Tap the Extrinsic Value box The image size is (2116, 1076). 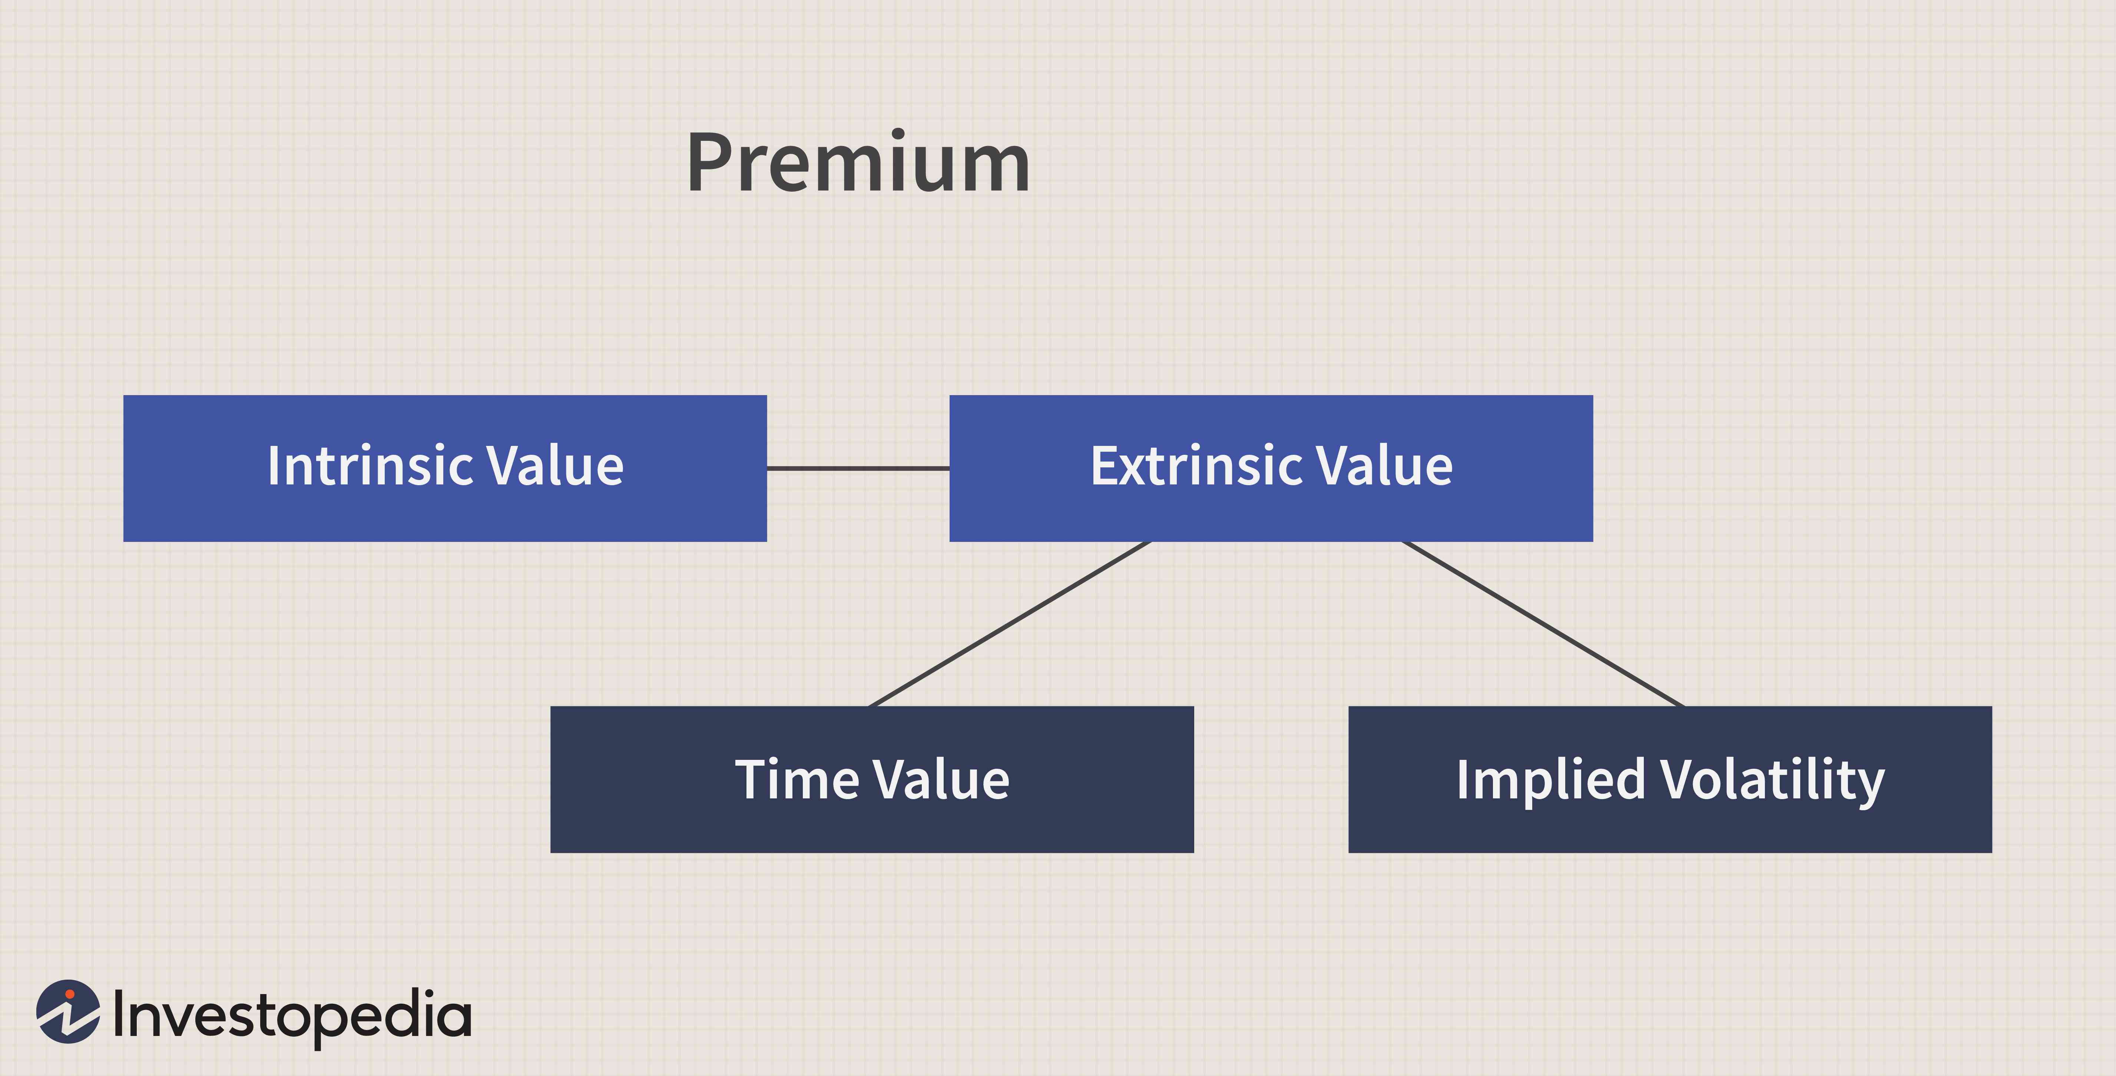click(1271, 468)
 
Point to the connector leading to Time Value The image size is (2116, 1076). click(1010, 623)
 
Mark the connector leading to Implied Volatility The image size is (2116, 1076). click(1543, 623)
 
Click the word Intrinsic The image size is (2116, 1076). click(369, 466)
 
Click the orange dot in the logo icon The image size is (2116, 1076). click(70, 995)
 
